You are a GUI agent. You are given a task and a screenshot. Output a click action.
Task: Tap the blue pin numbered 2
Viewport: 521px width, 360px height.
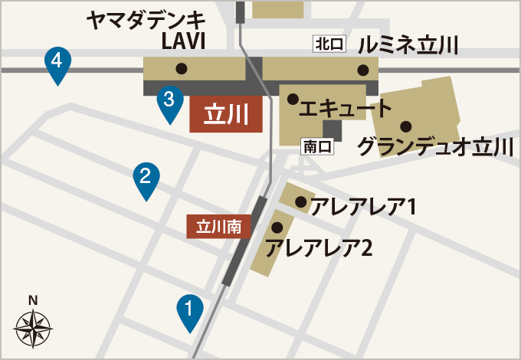pyautogui.click(x=146, y=178)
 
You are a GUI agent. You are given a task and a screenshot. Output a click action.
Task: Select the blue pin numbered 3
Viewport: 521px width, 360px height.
pyautogui.click(x=170, y=101)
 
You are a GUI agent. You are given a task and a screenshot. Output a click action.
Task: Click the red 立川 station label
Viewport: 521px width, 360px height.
pyautogui.click(x=226, y=115)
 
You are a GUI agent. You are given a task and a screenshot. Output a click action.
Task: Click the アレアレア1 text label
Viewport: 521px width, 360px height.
pyautogui.click(x=363, y=207)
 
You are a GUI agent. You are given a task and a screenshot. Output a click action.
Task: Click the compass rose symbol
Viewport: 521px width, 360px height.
pyautogui.click(x=33, y=329)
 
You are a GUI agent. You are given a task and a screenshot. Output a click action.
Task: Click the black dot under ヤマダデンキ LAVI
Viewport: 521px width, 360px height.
pyautogui.click(x=182, y=69)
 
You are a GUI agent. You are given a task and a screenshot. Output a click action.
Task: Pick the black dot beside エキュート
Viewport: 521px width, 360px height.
pyautogui.click(x=292, y=99)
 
